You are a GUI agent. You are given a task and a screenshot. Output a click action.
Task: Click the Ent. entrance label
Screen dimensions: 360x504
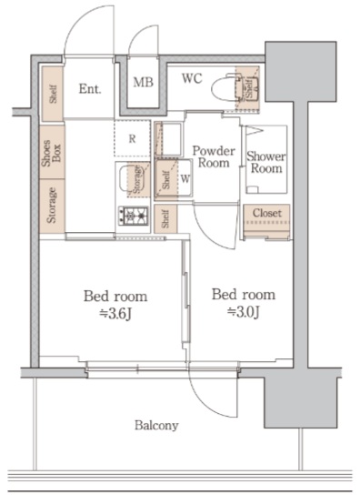click(x=90, y=89)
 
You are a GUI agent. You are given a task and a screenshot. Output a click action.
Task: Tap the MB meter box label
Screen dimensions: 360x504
click(x=144, y=82)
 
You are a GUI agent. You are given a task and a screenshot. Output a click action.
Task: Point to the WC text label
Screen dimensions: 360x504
click(x=192, y=78)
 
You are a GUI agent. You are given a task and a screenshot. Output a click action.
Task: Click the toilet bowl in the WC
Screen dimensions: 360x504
click(x=225, y=87)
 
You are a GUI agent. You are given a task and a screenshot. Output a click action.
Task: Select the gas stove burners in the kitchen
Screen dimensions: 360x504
click(x=134, y=216)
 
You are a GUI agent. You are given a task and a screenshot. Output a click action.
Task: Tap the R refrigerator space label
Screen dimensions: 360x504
click(x=132, y=139)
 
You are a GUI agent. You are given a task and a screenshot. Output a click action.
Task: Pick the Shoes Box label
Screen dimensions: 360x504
click(x=52, y=153)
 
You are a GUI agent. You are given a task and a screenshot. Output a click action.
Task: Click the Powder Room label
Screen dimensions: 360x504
click(x=214, y=156)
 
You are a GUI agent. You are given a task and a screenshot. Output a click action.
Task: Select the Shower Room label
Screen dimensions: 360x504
click(x=266, y=162)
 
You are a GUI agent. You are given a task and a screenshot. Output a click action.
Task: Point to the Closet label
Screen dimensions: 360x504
click(x=267, y=213)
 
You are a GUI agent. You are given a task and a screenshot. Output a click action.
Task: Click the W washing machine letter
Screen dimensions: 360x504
click(x=185, y=179)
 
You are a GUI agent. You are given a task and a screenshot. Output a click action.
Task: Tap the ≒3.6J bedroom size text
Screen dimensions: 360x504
click(x=115, y=314)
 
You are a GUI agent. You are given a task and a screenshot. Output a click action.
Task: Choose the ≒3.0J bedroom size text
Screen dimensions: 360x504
click(x=243, y=312)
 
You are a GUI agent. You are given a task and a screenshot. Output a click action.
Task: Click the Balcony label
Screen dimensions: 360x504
click(x=156, y=425)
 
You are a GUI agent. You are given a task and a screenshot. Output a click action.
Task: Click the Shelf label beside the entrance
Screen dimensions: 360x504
click(x=53, y=94)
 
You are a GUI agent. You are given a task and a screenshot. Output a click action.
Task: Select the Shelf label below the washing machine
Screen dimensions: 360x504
click(x=165, y=218)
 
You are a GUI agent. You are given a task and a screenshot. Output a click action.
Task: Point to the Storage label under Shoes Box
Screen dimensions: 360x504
click(x=52, y=206)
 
